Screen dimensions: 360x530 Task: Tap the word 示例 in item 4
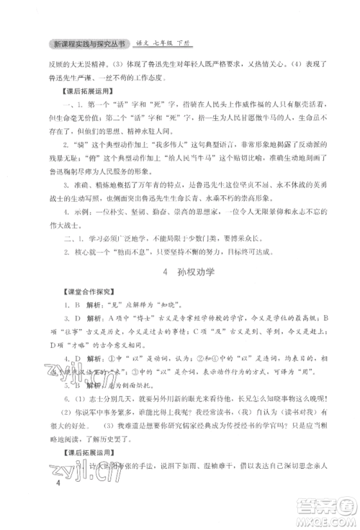85,212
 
